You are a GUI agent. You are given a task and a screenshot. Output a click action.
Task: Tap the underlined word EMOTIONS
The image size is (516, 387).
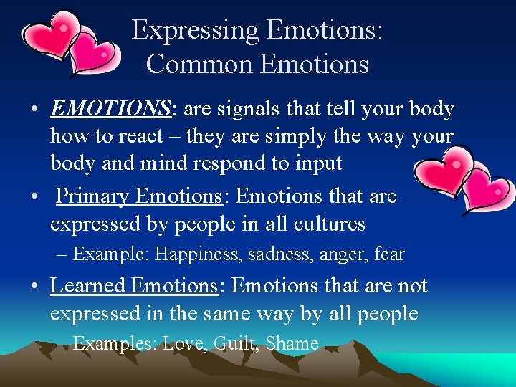pyautogui.click(x=110, y=109)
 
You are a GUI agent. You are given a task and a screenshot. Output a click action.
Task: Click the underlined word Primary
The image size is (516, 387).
pyautogui.click(x=92, y=196)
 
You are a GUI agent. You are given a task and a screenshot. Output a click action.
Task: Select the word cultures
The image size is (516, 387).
pyautogui.click(x=330, y=224)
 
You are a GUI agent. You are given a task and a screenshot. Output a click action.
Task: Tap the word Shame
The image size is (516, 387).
pyautogui.click(x=292, y=344)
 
